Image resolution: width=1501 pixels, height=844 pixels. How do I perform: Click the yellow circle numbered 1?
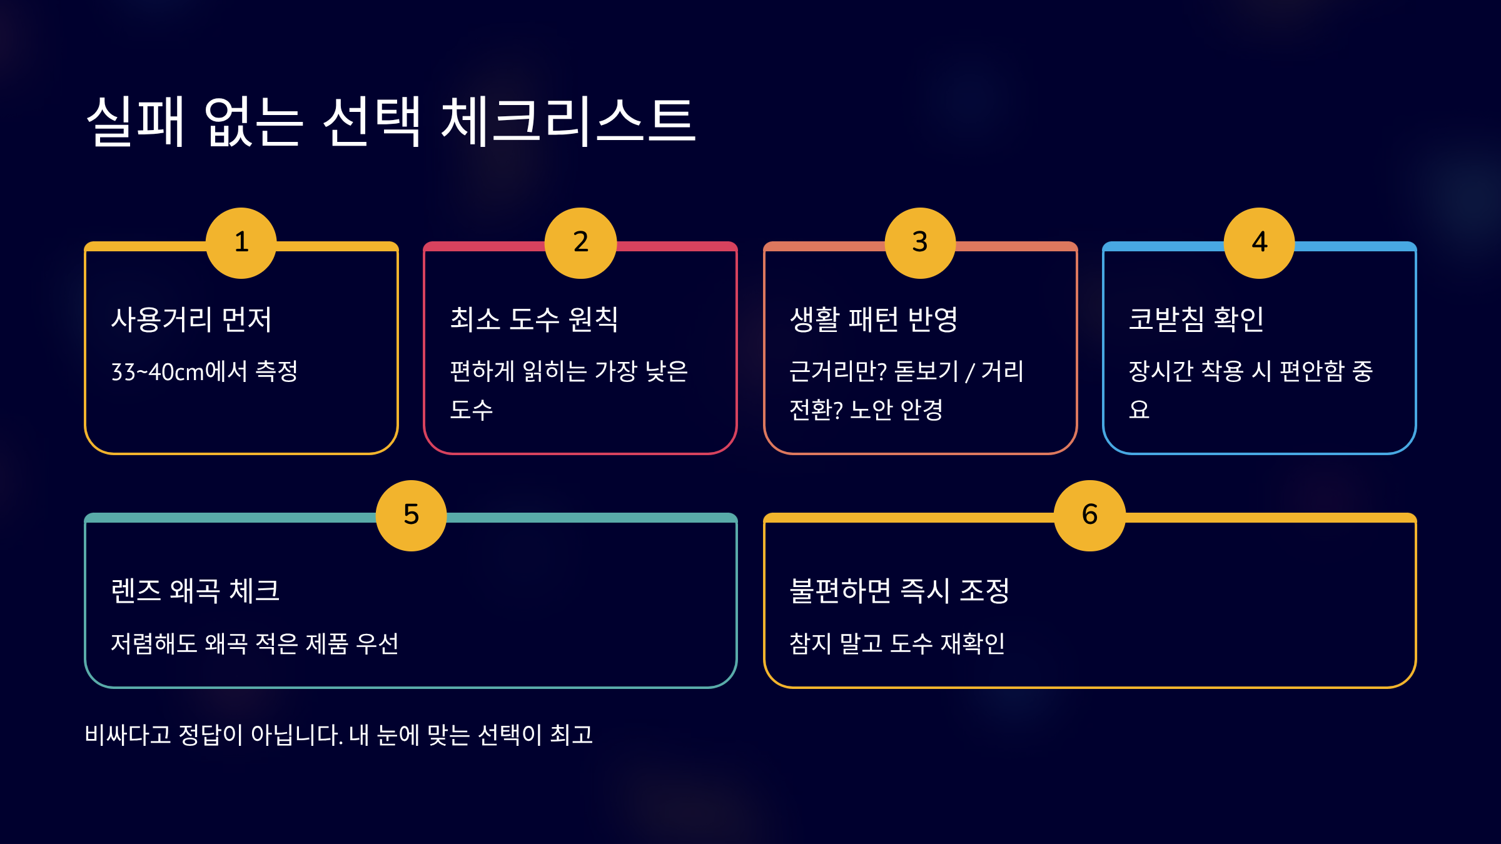241,243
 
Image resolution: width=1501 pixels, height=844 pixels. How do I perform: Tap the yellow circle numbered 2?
580,243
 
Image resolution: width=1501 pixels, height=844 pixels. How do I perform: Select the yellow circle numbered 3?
920,243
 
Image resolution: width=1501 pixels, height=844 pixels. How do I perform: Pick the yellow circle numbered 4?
1259,243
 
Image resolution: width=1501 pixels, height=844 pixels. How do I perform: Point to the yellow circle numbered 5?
411,515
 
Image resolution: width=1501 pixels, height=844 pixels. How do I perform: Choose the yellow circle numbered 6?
1089,515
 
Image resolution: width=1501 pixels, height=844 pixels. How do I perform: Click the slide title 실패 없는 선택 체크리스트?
391,121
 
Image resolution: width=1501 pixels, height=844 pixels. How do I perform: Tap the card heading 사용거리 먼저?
191,319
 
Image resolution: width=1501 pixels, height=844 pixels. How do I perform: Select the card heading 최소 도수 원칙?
534,319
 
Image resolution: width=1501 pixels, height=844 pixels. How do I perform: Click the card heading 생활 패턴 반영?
874,319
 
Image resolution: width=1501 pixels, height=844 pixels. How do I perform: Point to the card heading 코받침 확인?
1196,319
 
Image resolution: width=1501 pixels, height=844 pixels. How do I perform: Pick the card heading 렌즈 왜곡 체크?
195,591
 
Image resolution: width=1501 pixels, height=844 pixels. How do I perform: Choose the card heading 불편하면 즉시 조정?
899,591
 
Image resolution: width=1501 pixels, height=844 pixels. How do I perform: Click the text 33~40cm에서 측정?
205,372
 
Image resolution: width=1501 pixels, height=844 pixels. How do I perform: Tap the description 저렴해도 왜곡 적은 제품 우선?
255,643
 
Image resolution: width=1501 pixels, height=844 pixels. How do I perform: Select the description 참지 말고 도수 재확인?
897,643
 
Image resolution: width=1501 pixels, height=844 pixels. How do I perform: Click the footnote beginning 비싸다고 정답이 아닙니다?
338,735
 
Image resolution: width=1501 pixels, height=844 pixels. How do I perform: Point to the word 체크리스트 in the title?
568,121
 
